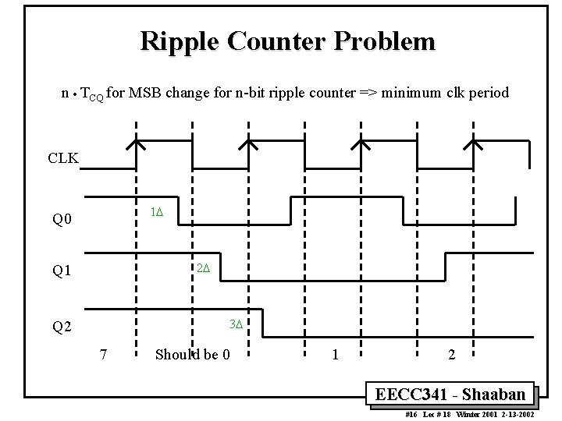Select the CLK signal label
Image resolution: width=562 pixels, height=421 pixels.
[63, 158]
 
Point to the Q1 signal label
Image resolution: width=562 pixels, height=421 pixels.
[62, 271]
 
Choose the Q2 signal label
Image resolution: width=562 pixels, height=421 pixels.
[62, 327]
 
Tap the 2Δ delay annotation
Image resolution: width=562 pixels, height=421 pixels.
[203, 268]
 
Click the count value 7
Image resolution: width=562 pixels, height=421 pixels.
[103, 355]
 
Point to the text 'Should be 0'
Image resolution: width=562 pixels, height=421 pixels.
[192, 355]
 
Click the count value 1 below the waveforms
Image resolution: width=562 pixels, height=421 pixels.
[335, 355]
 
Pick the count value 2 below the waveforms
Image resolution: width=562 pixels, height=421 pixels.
[451, 355]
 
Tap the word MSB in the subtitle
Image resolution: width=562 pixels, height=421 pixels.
[145, 94]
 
